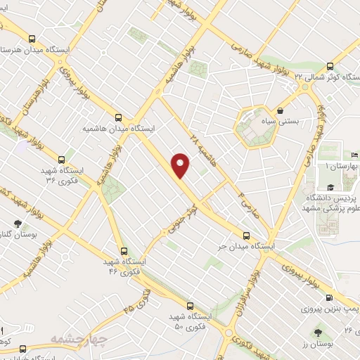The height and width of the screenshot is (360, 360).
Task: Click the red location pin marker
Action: tap(181, 165)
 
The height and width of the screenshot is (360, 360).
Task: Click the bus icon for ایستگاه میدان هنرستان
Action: tap(32, 39)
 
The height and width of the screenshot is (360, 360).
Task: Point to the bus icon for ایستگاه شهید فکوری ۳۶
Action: tap(61, 160)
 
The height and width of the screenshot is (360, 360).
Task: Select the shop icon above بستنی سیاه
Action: tap(281, 110)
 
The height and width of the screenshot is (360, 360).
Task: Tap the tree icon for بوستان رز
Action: tap(320, 330)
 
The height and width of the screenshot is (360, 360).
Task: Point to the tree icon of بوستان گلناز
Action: tap(18, 224)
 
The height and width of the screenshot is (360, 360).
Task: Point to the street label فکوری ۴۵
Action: tap(138, 300)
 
